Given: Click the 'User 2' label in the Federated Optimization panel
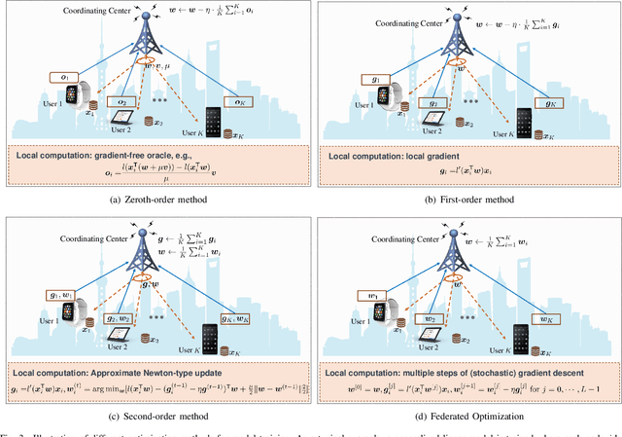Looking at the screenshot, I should point(416,348).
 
